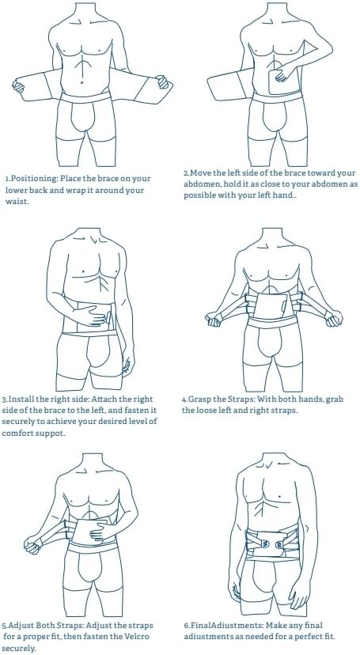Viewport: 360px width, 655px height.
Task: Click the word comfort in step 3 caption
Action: click(x=20, y=433)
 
